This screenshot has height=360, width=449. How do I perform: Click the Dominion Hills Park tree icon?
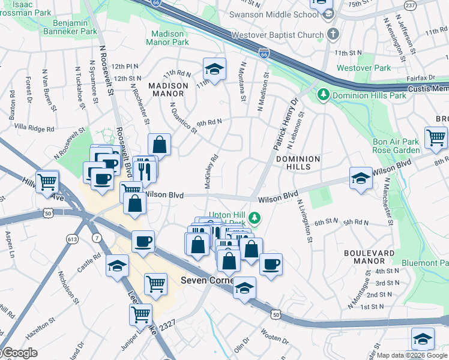pyautogui.click(x=323, y=95)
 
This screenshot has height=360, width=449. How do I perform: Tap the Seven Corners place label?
pyautogui.click(x=207, y=280)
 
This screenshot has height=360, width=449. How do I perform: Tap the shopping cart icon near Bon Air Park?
pyautogui.click(x=435, y=137)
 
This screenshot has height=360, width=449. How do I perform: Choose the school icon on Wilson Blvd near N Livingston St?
pyautogui.click(x=360, y=178)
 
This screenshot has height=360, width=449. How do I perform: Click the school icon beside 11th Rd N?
pyautogui.click(x=214, y=69)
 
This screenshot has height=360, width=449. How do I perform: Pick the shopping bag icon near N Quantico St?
pyautogui.click(x=159, y=145)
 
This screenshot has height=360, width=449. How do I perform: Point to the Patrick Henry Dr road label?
pyautogui.click(x=285, y=125)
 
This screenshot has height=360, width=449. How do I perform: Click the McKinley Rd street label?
pyautogui.click(x=210, y=172)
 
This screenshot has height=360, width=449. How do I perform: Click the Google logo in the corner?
pyautogui.click(x=19, y=353)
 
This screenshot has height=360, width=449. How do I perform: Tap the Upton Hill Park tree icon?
pyautogui.click(x=256, y=216)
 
